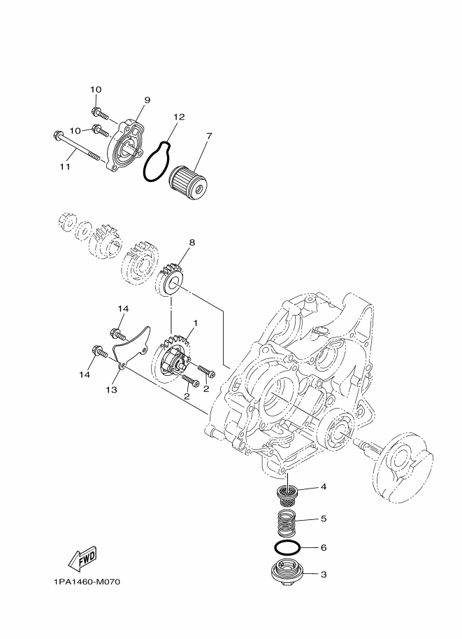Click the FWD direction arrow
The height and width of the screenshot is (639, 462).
point(82,558)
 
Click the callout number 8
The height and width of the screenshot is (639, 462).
point(192,243)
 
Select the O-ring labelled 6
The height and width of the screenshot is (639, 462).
point(287,547)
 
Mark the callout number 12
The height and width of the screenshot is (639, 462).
point(179,117)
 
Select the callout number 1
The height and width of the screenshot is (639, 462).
point(196,323)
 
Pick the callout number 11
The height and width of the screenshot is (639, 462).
point(64,168)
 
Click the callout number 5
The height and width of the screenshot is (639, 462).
point(323,519)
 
